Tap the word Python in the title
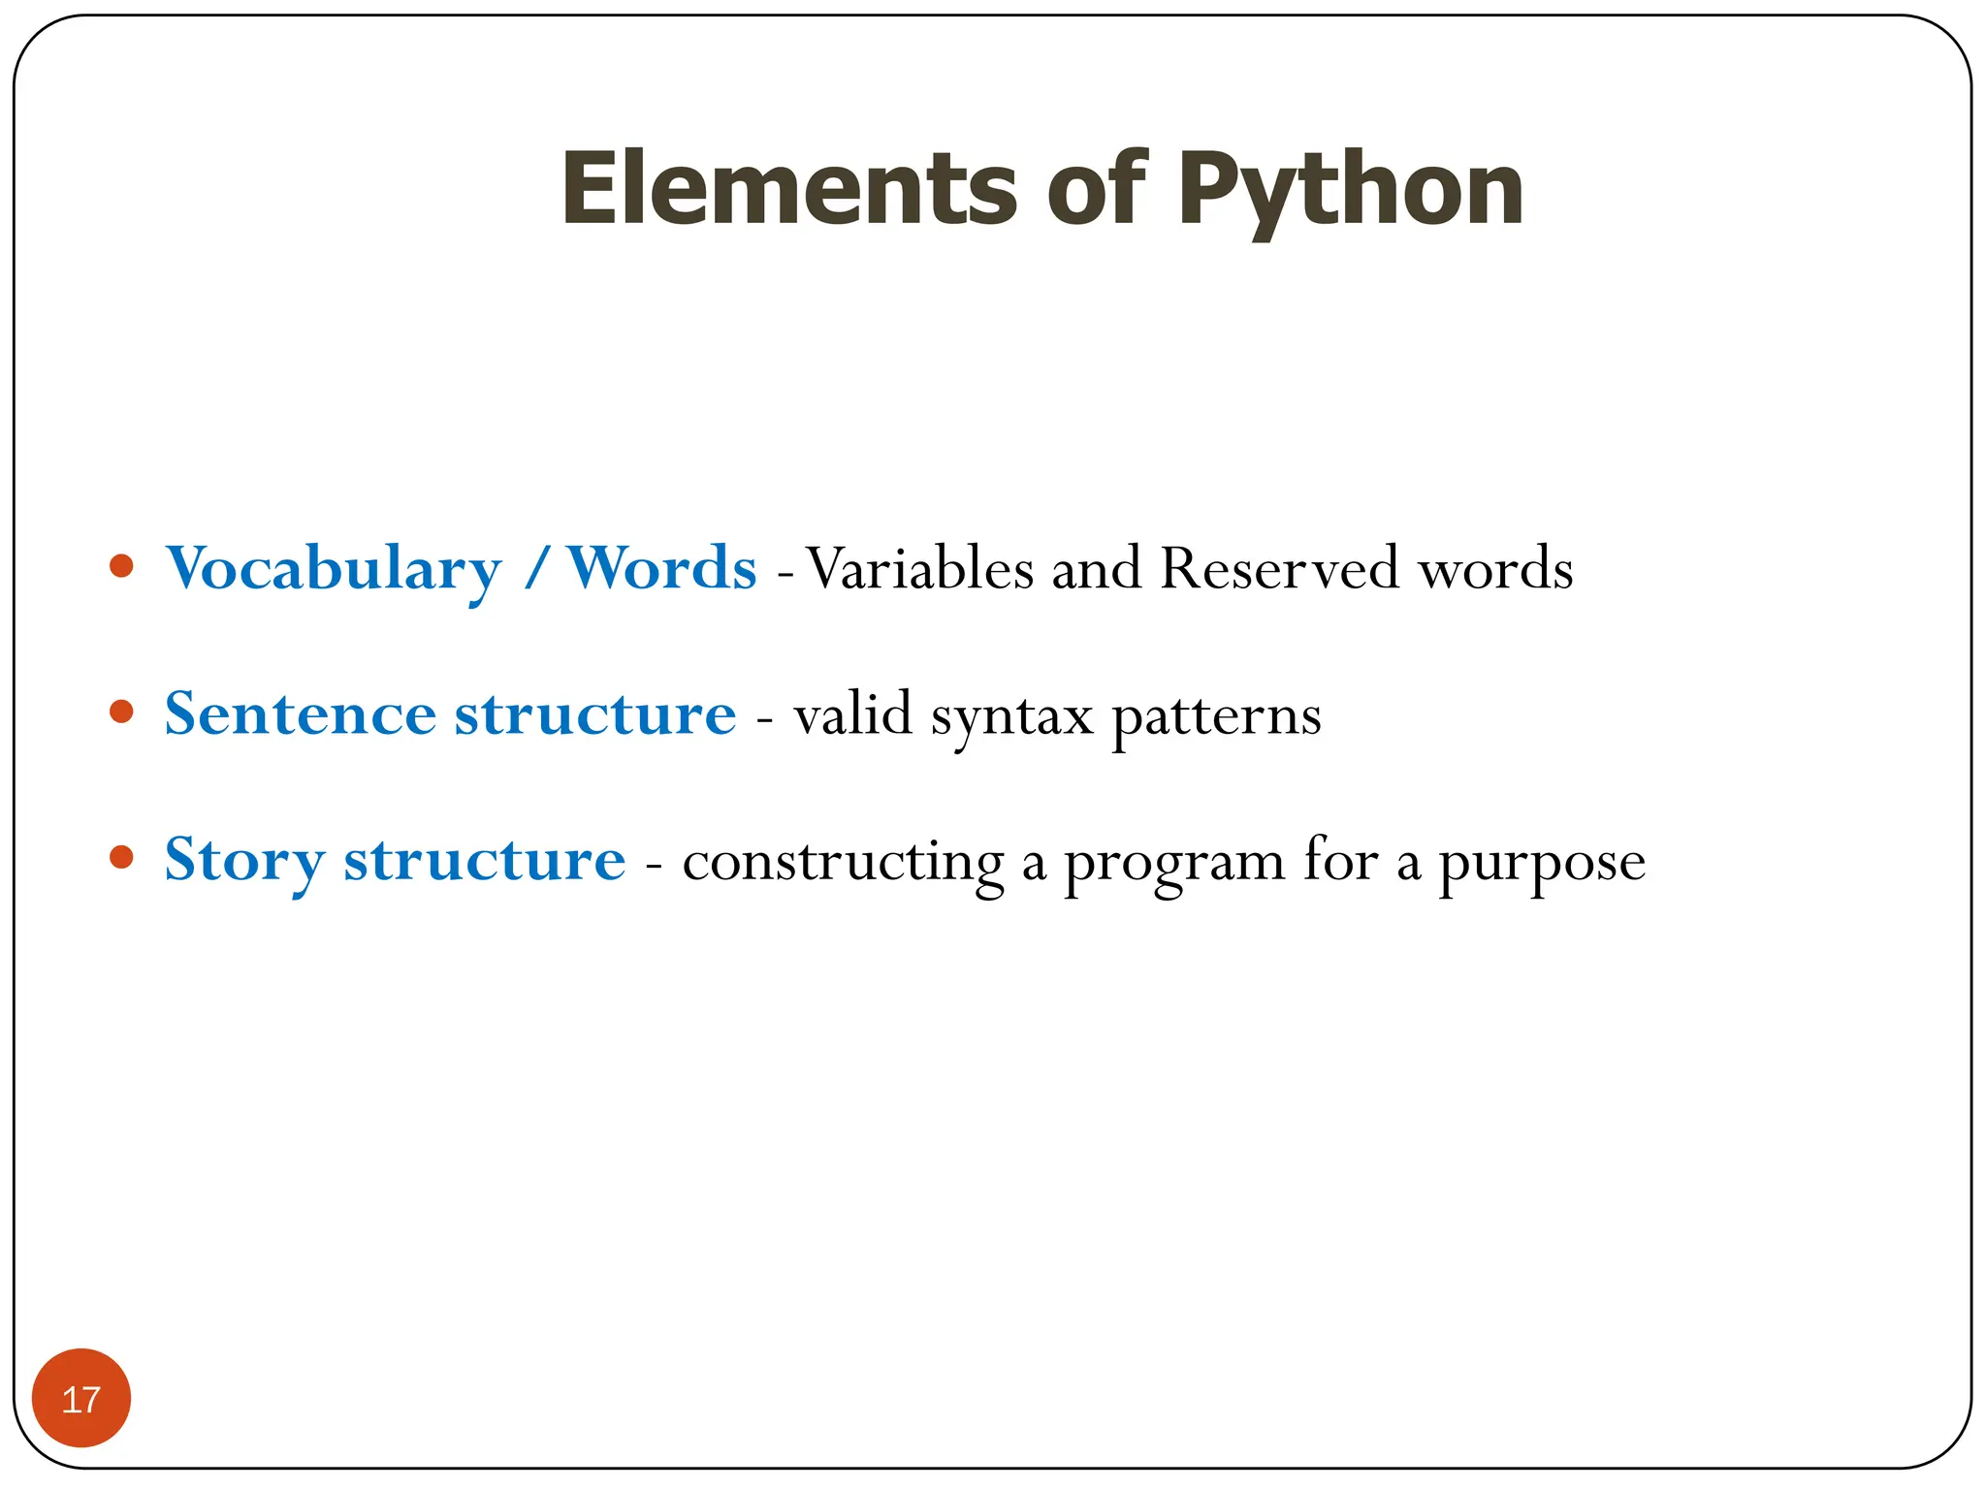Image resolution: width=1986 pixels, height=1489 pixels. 1350,192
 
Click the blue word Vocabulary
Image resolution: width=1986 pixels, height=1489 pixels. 334,569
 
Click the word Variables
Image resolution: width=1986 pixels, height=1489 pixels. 920,568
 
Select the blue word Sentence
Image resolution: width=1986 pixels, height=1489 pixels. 301,714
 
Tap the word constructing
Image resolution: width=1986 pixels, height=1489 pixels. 843,863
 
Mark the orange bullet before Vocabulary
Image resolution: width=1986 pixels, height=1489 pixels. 121,566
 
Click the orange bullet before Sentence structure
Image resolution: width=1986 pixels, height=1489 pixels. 121,713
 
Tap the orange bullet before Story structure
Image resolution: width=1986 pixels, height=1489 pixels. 121,858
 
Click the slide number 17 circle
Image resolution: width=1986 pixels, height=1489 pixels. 81,1398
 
